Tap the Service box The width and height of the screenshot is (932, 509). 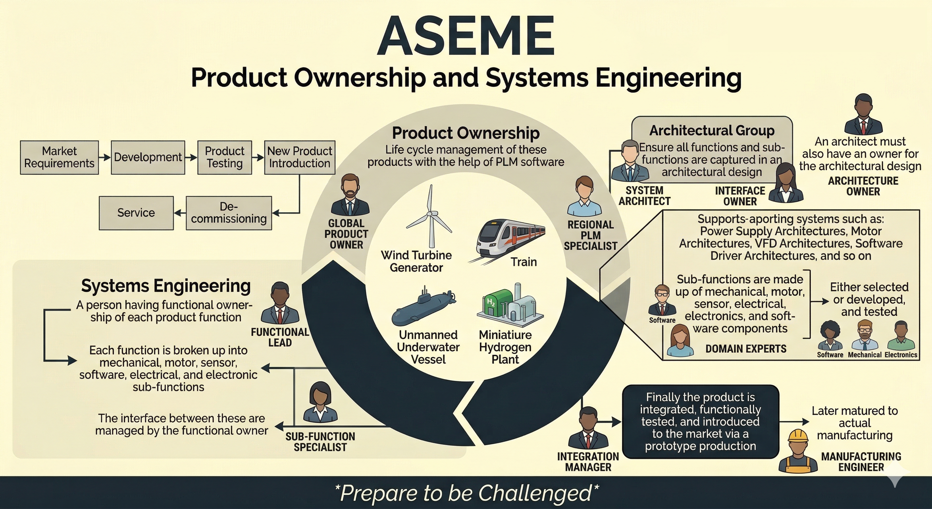point(136,213)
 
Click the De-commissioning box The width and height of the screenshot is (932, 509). point(229,213)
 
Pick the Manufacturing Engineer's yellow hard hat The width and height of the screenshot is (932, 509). point(798,436)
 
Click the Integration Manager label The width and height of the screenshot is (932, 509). point(588,462)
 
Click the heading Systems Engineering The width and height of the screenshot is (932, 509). point(166,286)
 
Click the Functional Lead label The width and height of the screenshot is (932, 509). point(280,337)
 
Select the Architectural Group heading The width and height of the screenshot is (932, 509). point(712,131)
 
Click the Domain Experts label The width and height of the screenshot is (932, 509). point(746,349)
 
